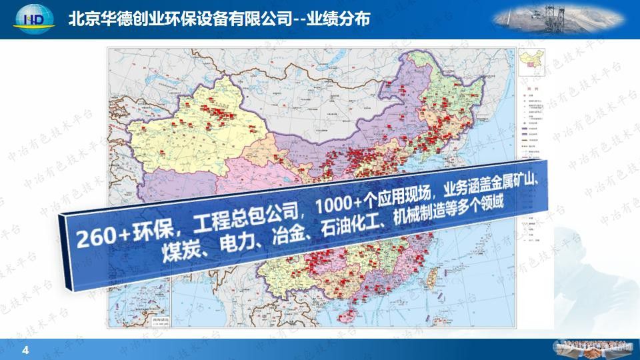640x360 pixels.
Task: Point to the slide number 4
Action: pyautogui.click(x=26, y=350)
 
